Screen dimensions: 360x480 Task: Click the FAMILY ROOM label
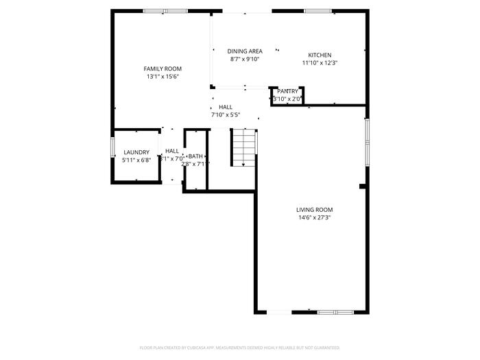(x=163, y=69)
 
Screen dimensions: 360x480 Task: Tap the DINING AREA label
(x=245, y=51)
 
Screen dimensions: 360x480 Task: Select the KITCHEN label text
(x=320, y=55)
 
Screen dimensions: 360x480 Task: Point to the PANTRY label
(x=288, y=91)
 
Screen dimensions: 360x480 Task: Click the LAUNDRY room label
(x=136, y=152)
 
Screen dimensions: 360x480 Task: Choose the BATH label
(x=196, y=156)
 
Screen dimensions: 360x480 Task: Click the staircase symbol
(x=243, y=147)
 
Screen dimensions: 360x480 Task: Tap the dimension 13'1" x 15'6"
(x=163, y=77)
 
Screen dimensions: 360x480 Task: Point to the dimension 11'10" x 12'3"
(x=320, y=63)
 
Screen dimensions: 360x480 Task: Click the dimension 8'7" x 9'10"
(x=245, y=60)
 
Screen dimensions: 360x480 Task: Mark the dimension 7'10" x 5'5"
(x=226, y=115)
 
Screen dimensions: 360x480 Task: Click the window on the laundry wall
(x=113, y=148)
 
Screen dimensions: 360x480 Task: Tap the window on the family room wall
(x=165, y=11)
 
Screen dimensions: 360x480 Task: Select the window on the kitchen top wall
(x=318, y=11)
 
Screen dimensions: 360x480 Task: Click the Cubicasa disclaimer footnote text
(x=239, y=348)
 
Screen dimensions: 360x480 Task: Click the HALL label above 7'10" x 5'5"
(x=226, y=107)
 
